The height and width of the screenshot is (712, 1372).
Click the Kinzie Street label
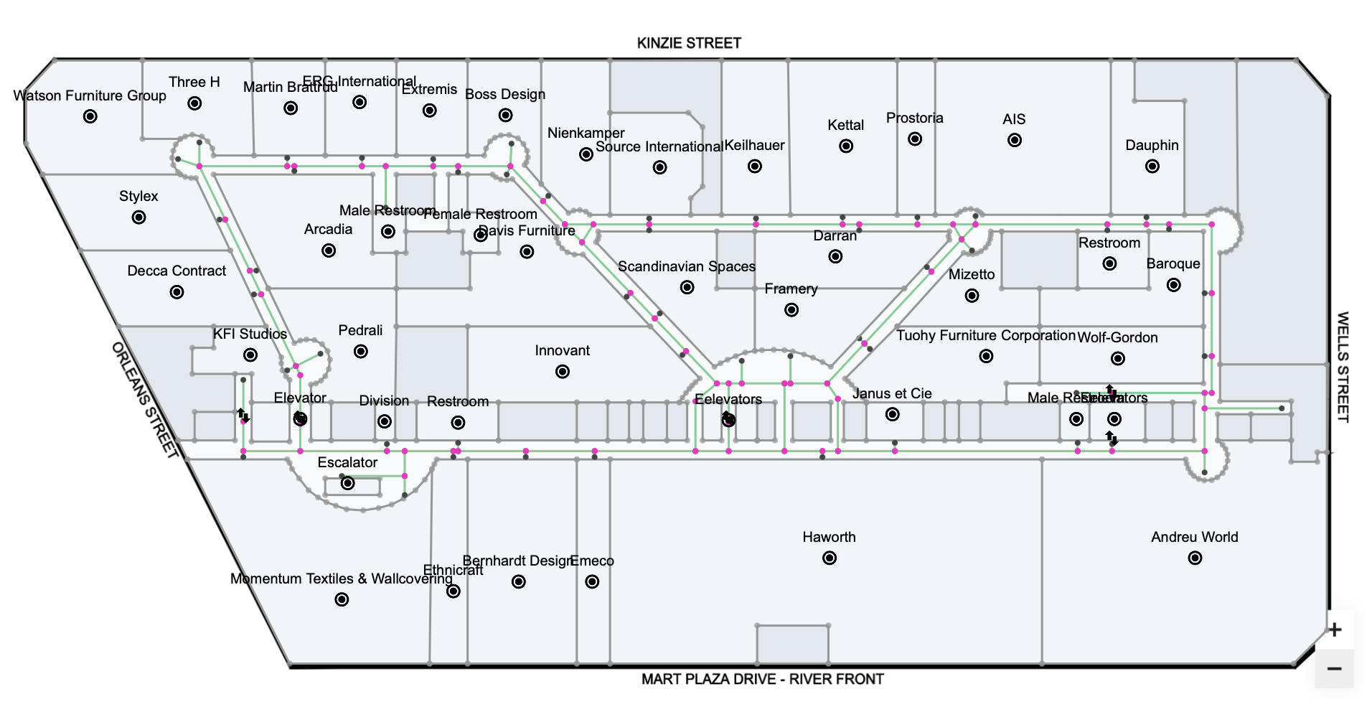[x=689, y=43]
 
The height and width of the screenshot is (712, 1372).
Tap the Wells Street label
[x=1343, y=367]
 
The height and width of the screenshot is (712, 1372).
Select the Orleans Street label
[x=145, y=400]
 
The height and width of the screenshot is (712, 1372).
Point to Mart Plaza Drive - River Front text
[x=762, y=679]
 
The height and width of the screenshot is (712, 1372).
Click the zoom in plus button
[x=1334, y=629]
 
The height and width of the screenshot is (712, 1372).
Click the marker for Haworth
[x=830, y=558]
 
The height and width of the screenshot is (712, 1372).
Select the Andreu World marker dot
[x=1195, y=558]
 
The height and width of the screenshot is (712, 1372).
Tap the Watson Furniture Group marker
[x=90, y=116]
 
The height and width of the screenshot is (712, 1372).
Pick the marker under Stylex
[x=139, y=217]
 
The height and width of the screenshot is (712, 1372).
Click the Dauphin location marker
[x=1152, y=166]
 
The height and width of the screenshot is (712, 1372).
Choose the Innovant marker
[x=563, y=371]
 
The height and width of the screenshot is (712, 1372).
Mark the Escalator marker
[x=348, y=483]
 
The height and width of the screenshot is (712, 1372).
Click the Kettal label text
[x=845, y=125]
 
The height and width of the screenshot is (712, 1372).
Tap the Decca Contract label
[x=177, y=271]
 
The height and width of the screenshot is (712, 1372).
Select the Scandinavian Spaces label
[x=687, y=266]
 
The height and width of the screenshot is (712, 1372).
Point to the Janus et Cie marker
[x=892, y=414]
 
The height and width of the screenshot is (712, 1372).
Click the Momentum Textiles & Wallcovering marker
[x=342, y=599]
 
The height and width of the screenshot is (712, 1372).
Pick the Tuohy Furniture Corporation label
[x=986, y=335]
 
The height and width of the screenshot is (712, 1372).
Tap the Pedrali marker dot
[x=361, y=351]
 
